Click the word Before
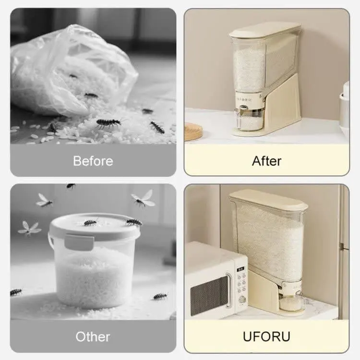pyautogui.click(x=93, y=161)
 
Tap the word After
pyautogui.click(x=266, y=161)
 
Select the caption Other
pyautogui.click(x=93, y=336)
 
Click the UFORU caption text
pyautogui.click(x=266, y=336)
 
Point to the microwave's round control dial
pyautogui.click(x=242, y=300)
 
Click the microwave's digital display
pyautogui.click(x=240, y=269)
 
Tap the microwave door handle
pyautogui.click(x=228, y=290)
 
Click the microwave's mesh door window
pyautogui.click(x=209, y=295)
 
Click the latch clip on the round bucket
pyautogui.click(x=79, y=242)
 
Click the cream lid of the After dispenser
pyautogui.click(x=264, y=30)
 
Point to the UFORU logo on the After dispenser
pyautogui.click(x=244, y=100)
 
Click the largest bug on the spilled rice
pyautogui.click(x=108, y=123)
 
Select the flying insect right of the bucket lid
pyautogui.click(x=143, y=199)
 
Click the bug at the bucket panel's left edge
pyautogui.click(x=16, y=292)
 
